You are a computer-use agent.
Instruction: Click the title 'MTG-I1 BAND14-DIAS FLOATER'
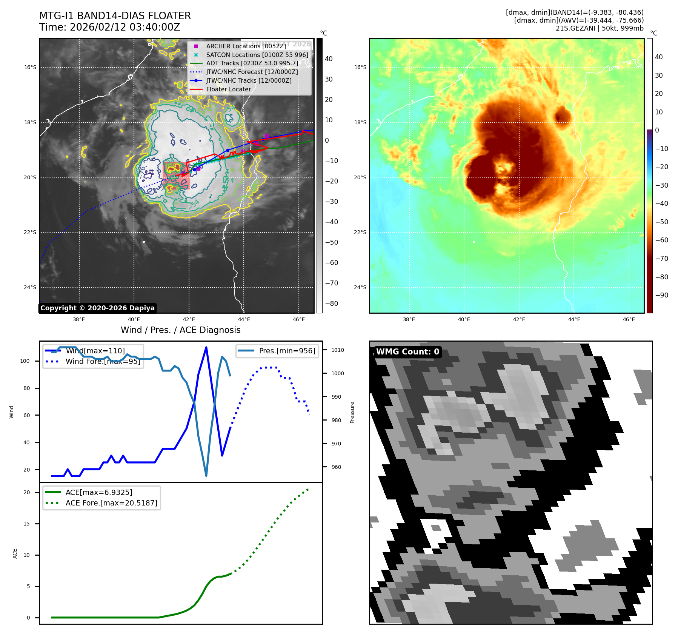[x=115, y=16]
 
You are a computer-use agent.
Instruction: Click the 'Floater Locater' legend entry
[x=228, y=89]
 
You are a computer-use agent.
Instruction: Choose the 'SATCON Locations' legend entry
[x=257, y=55]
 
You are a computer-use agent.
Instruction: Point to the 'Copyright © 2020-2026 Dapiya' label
[x=97, y=308]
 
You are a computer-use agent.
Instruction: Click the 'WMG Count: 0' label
[x=407, y=351]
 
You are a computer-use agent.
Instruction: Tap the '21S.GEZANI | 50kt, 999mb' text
[x=600, y=28]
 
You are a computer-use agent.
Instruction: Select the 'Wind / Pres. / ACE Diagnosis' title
[x=180, y=330]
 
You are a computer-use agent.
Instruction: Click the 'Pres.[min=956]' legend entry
[x=287, y=351]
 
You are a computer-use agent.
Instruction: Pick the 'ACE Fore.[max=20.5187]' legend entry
[x=111, y=503]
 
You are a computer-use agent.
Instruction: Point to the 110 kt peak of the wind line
[x=206, y=347]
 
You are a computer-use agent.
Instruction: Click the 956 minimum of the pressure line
[x=206, y=476]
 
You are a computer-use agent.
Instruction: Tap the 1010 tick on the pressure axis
[x=337, y=350]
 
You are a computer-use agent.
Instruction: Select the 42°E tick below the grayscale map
[x=189, y=319]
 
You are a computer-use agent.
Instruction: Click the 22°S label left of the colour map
[x=360, y=232]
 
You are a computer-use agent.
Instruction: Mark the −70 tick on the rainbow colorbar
[x=661, y=259]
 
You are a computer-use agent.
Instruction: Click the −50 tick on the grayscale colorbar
[x=332, y=242]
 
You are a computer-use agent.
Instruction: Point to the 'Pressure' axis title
[x=352, y=412]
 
